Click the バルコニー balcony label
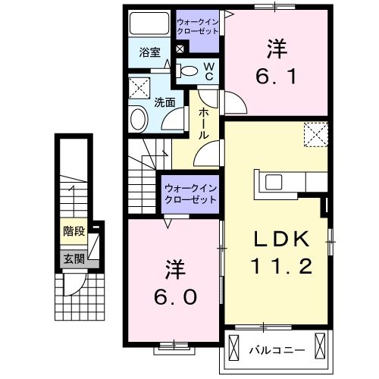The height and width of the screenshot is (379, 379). pyautogui.click(x=277, y=349)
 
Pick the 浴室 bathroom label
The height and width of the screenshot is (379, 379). pyautogui.click(x=149, y=53)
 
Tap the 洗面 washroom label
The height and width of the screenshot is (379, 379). pyautogui.click(x=165, y=102)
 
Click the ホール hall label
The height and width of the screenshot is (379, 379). pyautogui.click(x=204, y=121)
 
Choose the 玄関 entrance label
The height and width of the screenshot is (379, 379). pyautogui.click(x=73, y=258)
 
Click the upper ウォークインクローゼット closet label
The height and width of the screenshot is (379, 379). pyautogui.click(x=196, y=27)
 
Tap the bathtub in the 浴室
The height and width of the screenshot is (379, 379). pyautogui.click(x=148, y=23)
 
